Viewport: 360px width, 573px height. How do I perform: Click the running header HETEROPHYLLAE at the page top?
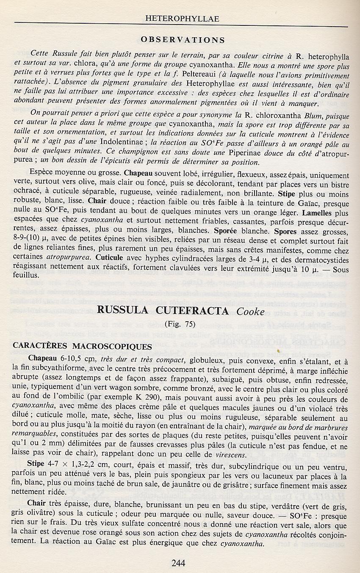[182, 19]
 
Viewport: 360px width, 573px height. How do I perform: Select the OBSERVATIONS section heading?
[183, 40]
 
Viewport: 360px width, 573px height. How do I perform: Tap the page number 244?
[178, 562]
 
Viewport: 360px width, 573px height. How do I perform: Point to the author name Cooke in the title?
[250, 311]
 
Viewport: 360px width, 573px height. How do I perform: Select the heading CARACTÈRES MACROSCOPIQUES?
[83, 346]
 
